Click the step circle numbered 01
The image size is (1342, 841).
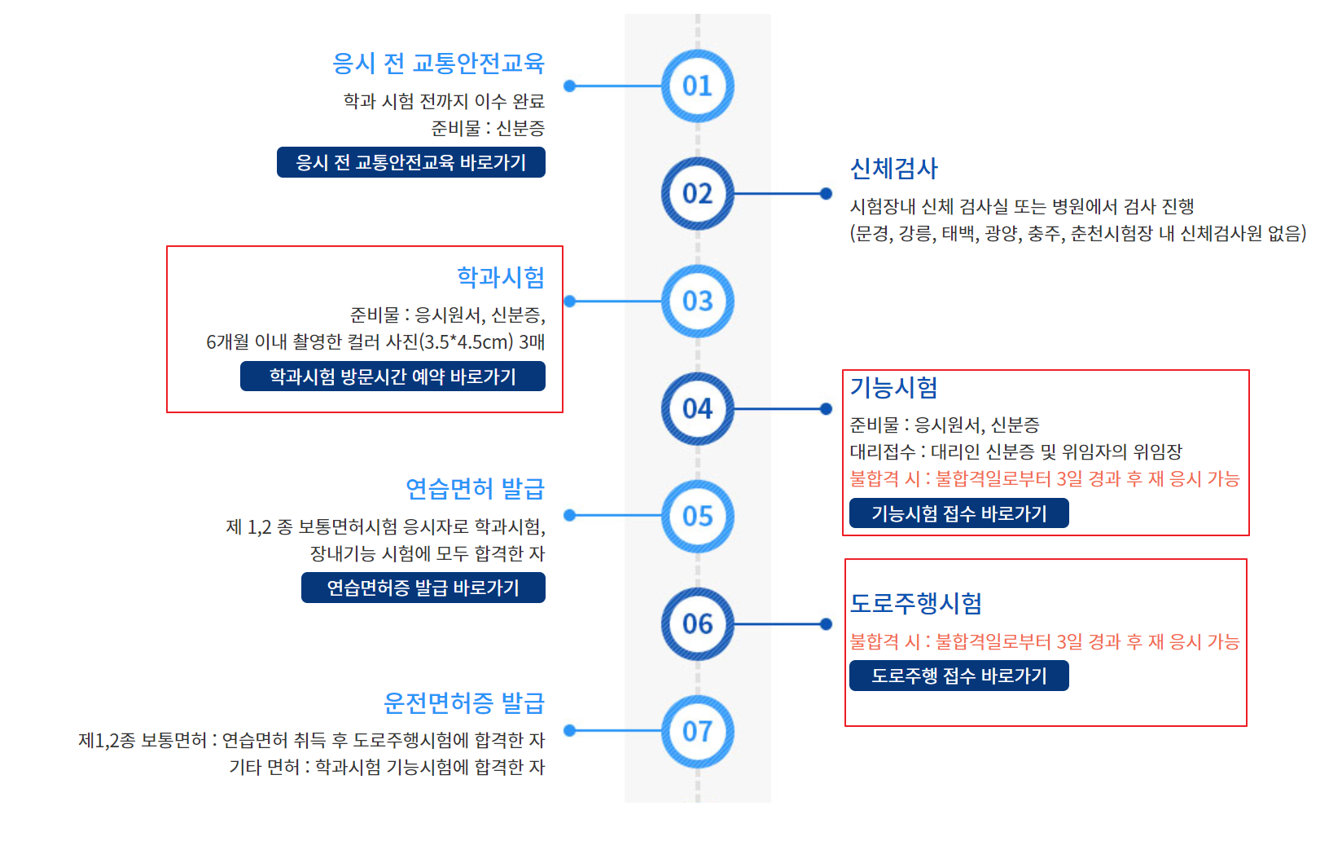(x=697, y=86)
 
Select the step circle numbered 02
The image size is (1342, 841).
(x=697, y=194)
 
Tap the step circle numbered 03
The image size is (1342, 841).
(x=697, y=302)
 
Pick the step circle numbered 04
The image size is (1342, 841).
(x=697, y=409)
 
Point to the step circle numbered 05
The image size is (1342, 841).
(x=697, y=517)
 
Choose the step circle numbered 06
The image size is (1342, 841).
(x=697, y=624)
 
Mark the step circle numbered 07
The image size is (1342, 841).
(x=697, y=732)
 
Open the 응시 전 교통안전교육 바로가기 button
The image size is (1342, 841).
(x=410, y=162)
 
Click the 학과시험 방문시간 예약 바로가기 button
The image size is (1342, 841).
(x=393, y=376)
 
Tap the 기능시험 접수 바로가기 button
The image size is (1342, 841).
(x=958, y=513)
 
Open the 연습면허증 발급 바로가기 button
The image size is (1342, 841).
(x=423, y=588)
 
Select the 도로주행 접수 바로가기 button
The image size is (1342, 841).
(x=958, y=676)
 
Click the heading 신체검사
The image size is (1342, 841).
(x=893, y=169)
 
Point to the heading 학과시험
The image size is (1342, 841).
(x=501, y=277)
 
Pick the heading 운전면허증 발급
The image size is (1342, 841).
(x=463, y=702)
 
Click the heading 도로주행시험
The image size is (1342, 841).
(x=915, y=603)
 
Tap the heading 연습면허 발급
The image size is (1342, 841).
(x=475, y=489)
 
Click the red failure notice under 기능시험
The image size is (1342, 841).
(x=1044, y=479)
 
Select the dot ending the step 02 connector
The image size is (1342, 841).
(x=826, y=194)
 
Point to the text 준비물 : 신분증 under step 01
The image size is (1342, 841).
(x=488, y=128)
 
